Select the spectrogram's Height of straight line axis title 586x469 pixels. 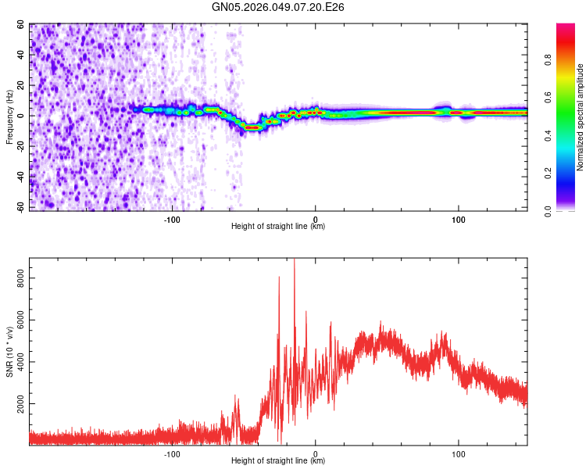pos(278,226)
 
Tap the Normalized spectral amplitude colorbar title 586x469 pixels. pos(580,117)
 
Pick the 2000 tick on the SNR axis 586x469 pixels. pos(17,403)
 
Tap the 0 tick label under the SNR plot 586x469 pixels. pos(316,453)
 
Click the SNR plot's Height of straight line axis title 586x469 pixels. pos(278,461)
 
